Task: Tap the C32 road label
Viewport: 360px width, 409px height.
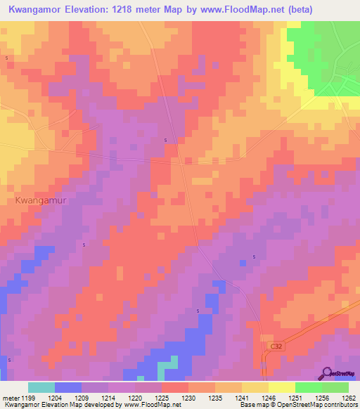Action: pyautogui.click(x=278, y=346)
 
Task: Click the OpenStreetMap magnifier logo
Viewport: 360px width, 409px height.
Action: pyautogui.click(x=326, y=372)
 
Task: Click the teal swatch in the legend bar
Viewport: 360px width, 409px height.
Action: pyautogui.click(x=41, y=387)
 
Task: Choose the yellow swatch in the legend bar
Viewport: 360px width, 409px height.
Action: pyautogui.click(x=281, y=387)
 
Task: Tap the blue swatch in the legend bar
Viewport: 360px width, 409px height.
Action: pyautogui.click(x=67, y=387)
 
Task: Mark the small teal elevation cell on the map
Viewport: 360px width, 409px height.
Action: pyautogui.click(x=167, y=365)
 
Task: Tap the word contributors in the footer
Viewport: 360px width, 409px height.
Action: pyautogui.click(x=340, y=405)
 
